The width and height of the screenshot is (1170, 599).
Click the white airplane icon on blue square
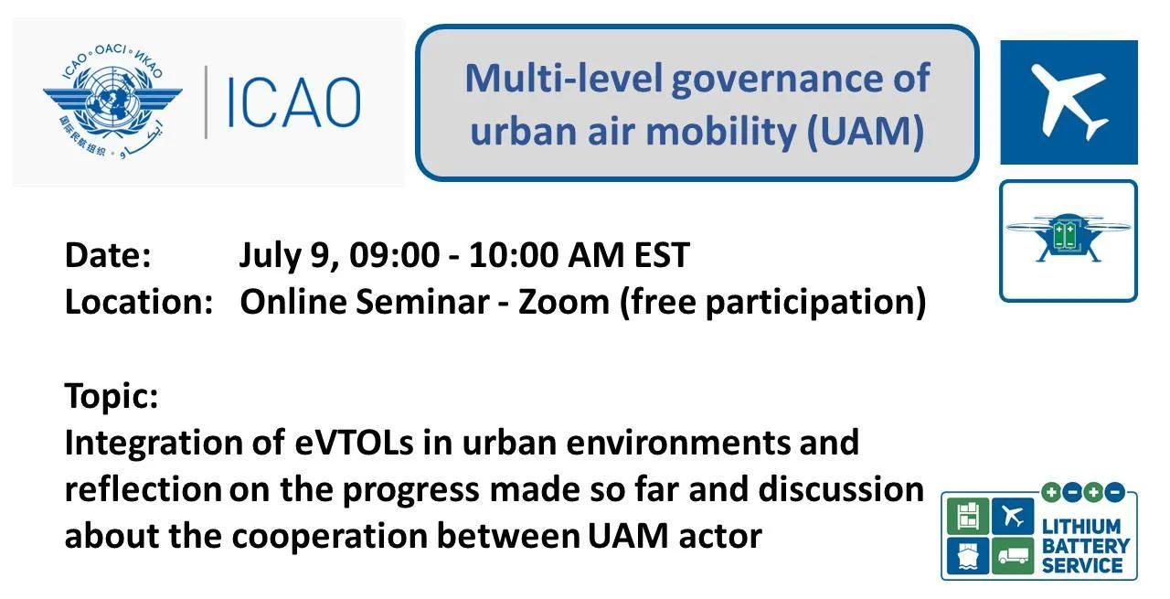(x=1068, y=102)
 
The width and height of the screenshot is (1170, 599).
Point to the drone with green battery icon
(x=1068, y=239)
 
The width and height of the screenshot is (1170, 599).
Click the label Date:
(x=108, y=255)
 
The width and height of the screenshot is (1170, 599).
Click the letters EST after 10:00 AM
(x=662, y=255)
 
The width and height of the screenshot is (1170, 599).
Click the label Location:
(x=138, y=302)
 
